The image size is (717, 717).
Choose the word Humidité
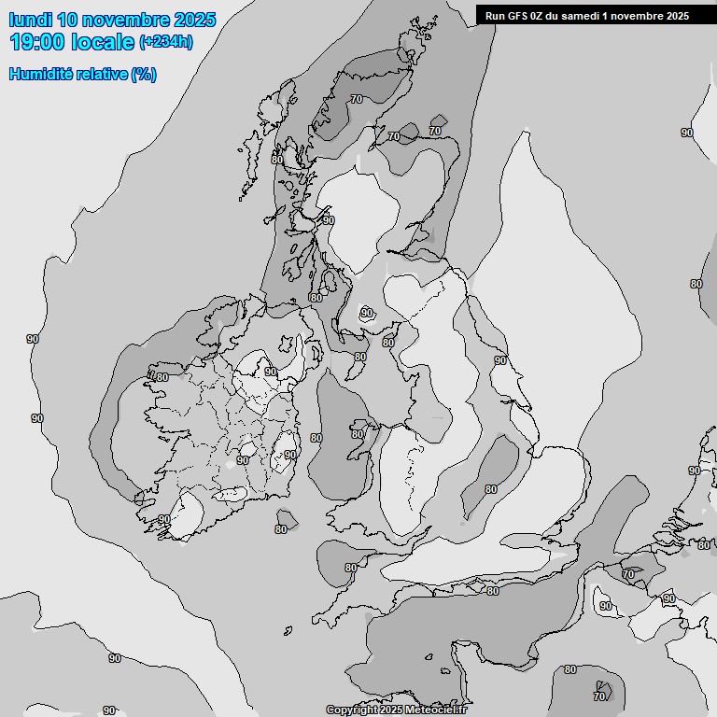42,74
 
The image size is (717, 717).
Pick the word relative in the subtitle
103,74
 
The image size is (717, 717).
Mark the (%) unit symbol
144,75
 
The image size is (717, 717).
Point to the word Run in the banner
495,15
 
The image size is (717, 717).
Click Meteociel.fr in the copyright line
436,710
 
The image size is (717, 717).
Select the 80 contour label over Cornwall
351,568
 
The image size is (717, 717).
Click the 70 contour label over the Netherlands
628,574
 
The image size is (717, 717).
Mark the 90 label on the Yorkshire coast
500,360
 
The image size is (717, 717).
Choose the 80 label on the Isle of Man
360,357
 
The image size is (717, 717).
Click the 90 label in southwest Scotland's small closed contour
367,313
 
